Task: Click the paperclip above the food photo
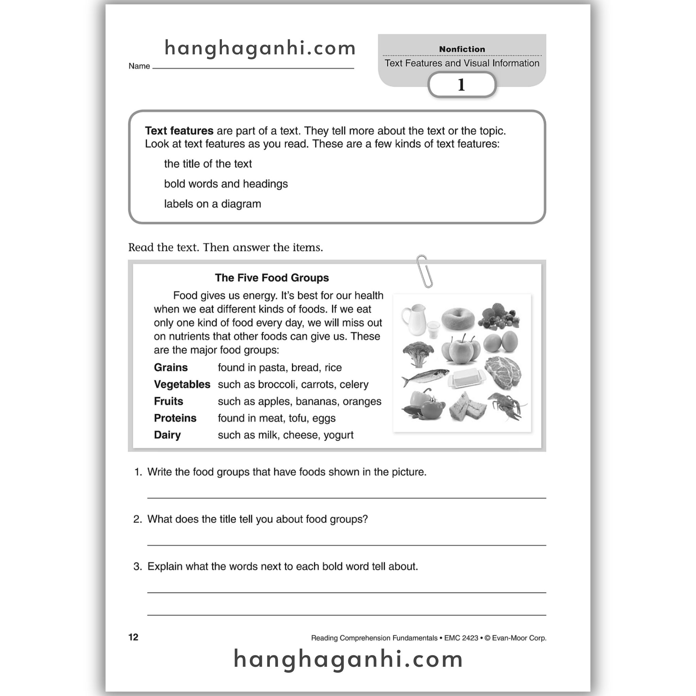(424, 271)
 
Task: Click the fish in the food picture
(425, 378)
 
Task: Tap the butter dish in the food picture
(467, 379)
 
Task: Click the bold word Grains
(171, 367)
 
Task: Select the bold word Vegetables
(182, 384)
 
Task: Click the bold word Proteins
(175, 418)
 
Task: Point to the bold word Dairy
(167, 435)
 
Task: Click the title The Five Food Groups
(272, 278)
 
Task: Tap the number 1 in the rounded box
(462, 85)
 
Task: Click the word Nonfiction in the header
(462, 49)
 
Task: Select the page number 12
(133, 637)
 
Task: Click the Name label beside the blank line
(139, 66)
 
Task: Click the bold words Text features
(179, 131)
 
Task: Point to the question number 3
(138, 566)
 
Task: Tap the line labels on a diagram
(212, 204)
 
